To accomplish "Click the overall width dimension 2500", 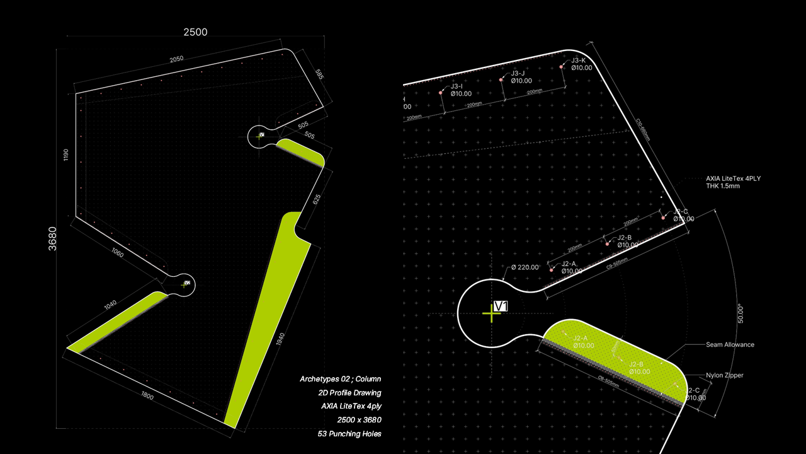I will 195,32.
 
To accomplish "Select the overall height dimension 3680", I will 53,239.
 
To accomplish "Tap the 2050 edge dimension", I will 176,59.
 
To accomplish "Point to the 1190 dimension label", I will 66,155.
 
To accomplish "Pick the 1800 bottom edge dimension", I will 147,397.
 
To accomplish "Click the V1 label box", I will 501,306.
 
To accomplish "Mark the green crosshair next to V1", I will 491,313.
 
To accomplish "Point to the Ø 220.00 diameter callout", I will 525,267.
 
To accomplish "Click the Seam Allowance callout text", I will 730,345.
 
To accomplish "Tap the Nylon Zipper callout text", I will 725,375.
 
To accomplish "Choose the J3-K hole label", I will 579,61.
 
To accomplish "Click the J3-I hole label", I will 457,86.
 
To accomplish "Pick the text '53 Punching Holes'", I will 349,434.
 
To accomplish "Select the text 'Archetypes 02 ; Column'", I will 340,379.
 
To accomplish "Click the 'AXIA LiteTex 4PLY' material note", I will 733,178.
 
